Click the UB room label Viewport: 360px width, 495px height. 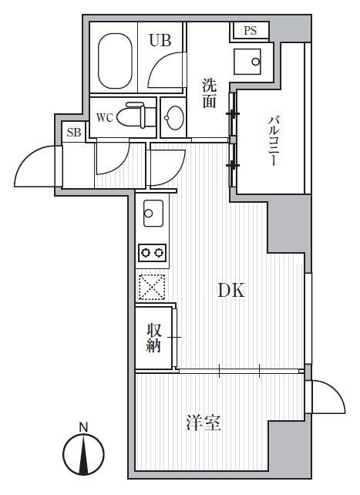pos(160,41)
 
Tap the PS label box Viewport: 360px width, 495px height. pos(250,31)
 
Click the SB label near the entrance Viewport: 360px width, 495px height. pos(73,133)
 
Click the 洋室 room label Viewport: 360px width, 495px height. pos(204,423)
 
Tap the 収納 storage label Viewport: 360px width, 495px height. pos(153,338)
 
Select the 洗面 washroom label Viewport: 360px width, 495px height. pos(209,93)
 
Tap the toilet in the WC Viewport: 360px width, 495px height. pos(137,116)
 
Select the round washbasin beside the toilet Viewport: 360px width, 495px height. pos(174,118)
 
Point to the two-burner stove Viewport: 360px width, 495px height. pos(152,253)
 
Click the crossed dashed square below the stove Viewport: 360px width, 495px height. pos(151,287)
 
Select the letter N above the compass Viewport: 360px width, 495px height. pos(84,426)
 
